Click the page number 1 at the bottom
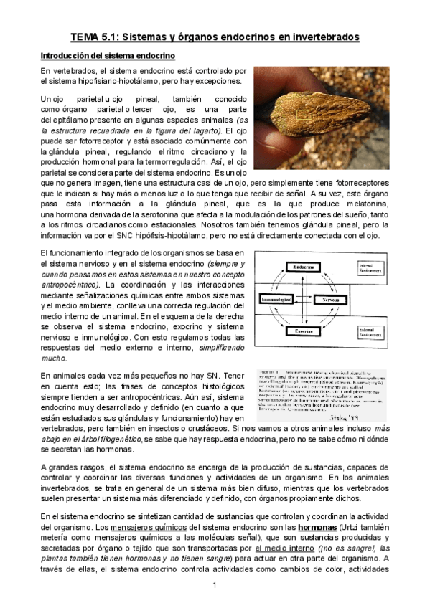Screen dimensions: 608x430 tap(214, 586)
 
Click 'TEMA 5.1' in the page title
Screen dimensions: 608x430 tap(99, 36)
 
